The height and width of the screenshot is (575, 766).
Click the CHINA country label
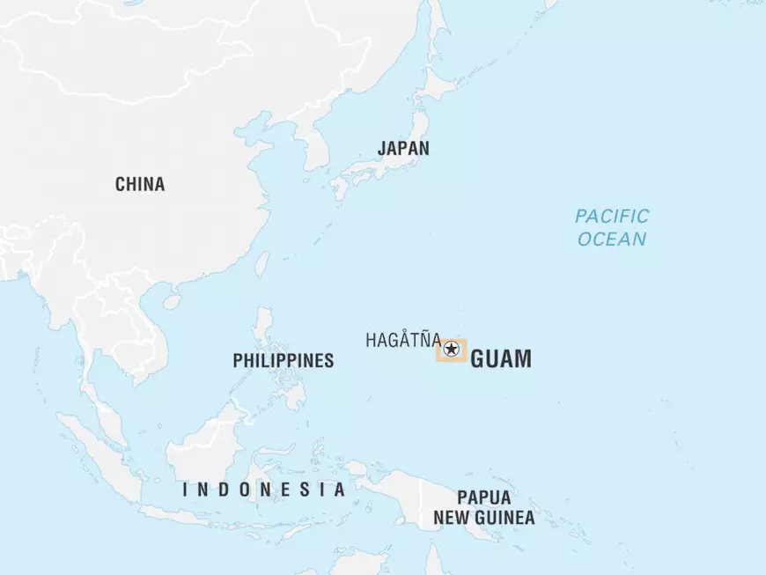(139, 184)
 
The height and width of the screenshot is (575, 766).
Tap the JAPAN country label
(403, 148)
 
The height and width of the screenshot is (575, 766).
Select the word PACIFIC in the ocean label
(612, 216)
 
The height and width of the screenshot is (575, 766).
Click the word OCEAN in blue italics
(612, 239)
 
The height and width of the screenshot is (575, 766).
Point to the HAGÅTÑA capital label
(403, 340)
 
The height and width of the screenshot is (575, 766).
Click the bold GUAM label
(501, 359)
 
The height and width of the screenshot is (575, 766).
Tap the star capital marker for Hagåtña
(452, 350)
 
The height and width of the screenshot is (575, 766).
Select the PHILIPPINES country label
(283, 360)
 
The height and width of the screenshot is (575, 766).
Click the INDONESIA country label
(263, 490)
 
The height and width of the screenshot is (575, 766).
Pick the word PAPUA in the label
(483, 498)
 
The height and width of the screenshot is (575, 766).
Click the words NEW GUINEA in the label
(483, 518)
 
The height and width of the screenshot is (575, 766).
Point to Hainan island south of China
(172, 301)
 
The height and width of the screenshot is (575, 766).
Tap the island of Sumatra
(97, 449)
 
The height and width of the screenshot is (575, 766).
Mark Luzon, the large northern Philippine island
(264, 330)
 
